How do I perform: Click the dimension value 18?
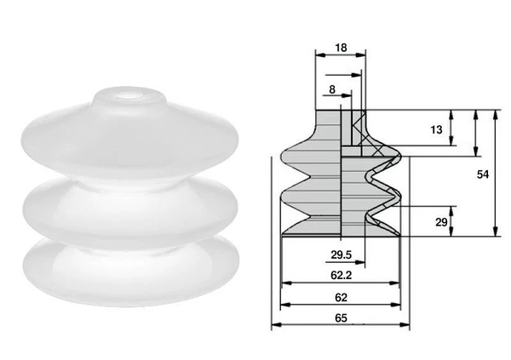point(341,48)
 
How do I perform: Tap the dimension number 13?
point(435,130)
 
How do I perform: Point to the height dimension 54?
point(482,174)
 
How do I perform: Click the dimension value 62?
point(340,297)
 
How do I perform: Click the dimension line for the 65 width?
point(340,326)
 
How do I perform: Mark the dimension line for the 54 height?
point(495,174)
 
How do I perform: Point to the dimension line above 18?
point(341,57)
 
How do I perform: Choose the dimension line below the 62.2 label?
point(340,283)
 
